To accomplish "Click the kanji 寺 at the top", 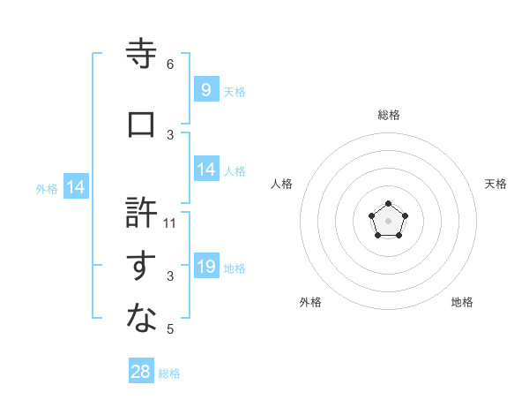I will pos(142,55).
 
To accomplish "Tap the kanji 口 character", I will pos(142,124).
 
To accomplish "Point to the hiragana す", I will pos(142,267).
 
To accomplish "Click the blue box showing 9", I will pos(205,89).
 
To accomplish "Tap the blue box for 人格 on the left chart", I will pos(205,170).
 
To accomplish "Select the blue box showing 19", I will pos(205,267).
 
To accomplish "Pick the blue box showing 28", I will pos(141,372).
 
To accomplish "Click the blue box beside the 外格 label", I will pos(75,187).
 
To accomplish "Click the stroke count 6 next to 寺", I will pos(170,64).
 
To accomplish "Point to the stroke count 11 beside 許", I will pos(170,223).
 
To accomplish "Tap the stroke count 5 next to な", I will pos(170,329).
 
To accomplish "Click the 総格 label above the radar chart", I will pos(388,115).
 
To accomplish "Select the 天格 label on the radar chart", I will pos(495,184).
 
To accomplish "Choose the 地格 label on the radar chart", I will pos(462,302).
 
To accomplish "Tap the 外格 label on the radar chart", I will pos(310,302).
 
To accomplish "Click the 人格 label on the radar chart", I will pos(282,184).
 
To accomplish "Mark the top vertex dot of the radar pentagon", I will pos(388,204).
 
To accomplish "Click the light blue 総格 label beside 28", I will pos(169,373).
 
